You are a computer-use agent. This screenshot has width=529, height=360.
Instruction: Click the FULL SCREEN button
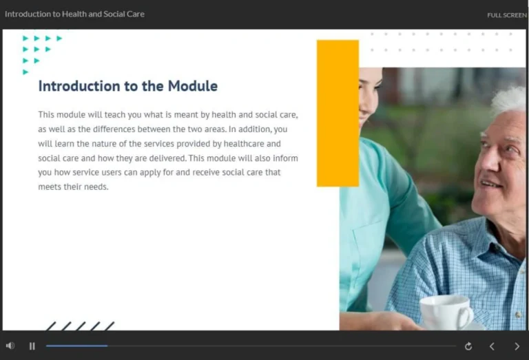(506, 15)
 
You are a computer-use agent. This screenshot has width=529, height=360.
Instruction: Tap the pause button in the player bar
(32, 346)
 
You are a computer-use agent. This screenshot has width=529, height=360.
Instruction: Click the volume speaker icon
(10, 346)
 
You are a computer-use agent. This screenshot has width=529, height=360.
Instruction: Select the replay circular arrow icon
(468, 346)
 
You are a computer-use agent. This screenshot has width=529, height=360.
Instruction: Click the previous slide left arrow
(492, 346)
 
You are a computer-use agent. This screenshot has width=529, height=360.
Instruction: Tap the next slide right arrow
(517, 346)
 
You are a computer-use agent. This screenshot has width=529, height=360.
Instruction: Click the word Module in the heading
(194, 86)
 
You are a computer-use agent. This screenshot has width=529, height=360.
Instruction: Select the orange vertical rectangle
(338, 113)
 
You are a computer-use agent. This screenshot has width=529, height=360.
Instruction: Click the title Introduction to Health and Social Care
(74, 14)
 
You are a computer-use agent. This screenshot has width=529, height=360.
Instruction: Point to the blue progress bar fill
(76, 346)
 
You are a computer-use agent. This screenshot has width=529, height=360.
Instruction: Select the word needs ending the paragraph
(95, 187)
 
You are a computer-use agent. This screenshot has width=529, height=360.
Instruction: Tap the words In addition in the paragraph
(250, 129)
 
